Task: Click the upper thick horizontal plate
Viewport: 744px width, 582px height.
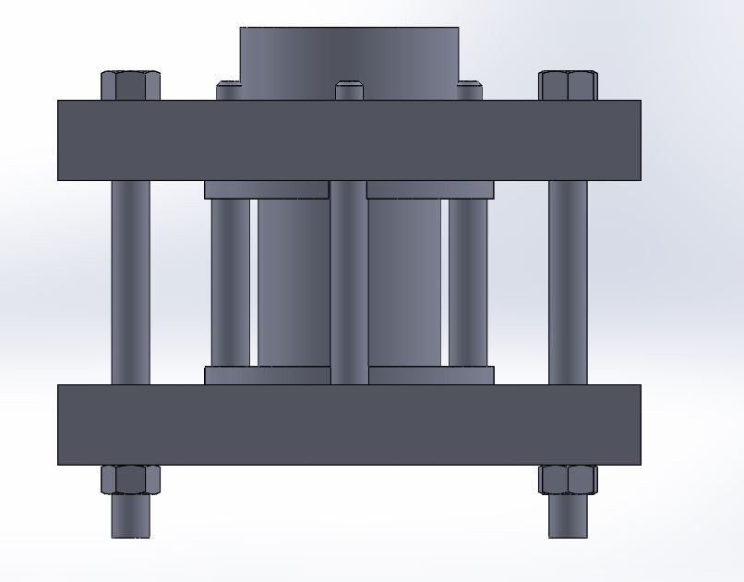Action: click(x=349, y=139)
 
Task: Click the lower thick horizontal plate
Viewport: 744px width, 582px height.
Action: click(x=349, y=424)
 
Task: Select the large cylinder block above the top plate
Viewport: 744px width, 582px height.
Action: click(x=349, y=54)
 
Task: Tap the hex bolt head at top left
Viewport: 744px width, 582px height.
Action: click(x=130, y=85)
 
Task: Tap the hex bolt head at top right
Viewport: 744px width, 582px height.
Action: click(x=568, y=85)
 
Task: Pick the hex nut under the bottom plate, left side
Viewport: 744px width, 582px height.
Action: click(x=130, y=479)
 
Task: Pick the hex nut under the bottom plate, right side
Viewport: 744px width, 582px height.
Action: click(x=568, y=479)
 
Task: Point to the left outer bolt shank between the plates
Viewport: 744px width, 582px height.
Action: click(x=130, y=282)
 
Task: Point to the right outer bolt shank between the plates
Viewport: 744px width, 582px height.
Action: click(x=568, y=282)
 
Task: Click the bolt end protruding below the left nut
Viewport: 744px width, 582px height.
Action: click(x=130, y=516)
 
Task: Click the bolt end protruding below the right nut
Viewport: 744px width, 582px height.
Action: click(x=568, y=516)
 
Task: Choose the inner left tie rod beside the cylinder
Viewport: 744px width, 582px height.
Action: click(x=230, y=282)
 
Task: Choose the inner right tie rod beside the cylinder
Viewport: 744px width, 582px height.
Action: click(x=468, y=282)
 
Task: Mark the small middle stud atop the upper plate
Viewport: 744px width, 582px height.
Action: click(x=349, y=91)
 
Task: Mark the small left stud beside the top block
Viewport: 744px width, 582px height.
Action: click(x=228, y=91)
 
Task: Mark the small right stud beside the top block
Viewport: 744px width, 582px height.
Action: click(x=470, y=91)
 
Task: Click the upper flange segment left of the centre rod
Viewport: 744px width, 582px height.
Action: click(x=266, y=189)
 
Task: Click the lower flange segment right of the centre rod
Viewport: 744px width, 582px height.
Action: click(x=430, y=375)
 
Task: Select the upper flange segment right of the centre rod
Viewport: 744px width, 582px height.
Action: click(x=430, y=189)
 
